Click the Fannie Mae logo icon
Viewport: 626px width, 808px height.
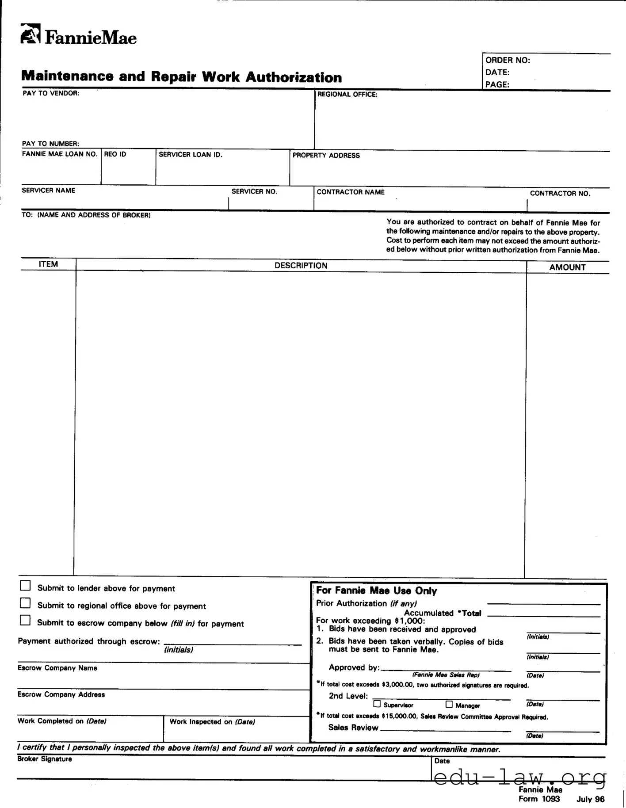[31, 34]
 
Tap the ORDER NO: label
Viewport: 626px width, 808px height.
[508, 61]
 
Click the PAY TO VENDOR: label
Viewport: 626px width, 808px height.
[51, 93]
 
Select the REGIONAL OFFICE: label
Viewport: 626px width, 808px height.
[347, 95]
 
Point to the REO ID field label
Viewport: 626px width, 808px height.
[115, 154]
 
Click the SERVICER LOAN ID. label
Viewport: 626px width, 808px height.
[190, 155]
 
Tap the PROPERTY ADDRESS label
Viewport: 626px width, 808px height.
[326, 156]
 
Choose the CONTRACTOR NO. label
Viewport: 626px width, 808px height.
[560, 194]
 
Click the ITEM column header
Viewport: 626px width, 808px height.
[48, 264]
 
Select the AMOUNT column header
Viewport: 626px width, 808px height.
[567, 267]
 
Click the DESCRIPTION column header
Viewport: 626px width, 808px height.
[301, 266]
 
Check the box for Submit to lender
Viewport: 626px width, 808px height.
[26, 586]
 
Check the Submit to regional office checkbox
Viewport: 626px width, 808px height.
[26, 603]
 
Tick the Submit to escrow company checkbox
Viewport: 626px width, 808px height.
[26, 621]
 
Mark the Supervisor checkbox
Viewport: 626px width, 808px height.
[377, 704]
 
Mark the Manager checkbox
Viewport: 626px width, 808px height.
[449, 704]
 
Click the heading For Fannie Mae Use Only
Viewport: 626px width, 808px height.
[376, 591]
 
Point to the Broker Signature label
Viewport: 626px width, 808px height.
[44, 759]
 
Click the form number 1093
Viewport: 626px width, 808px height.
[550, 799]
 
